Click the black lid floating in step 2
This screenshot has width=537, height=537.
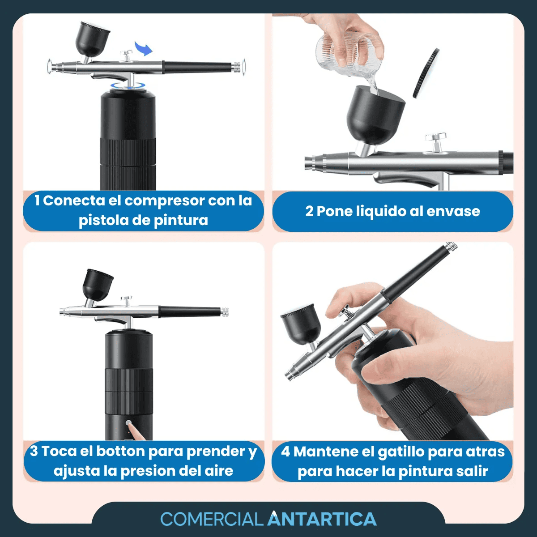(x=425, y=73)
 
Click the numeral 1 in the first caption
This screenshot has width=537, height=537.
(x=37, y=200)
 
